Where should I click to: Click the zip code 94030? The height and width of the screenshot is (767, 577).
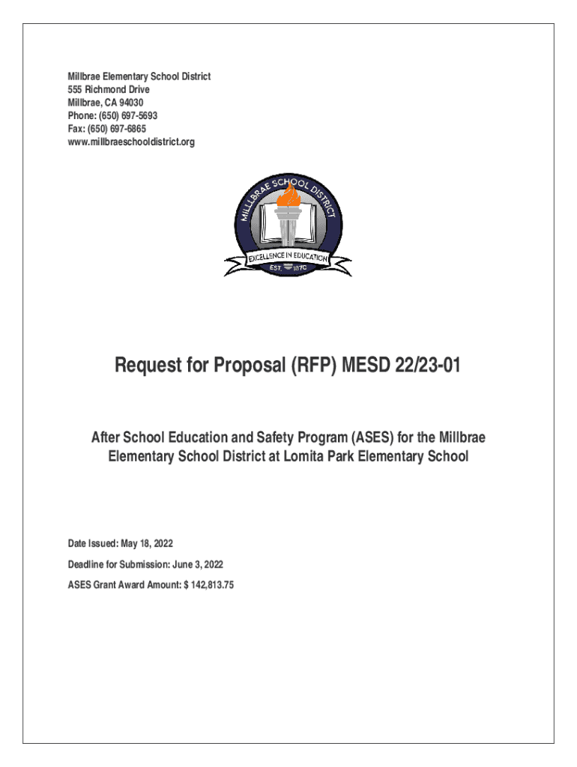tap(129, 103)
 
